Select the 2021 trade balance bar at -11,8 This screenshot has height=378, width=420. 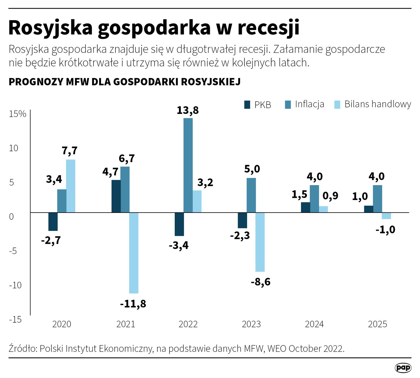pyautogui.click(x=134, y=253)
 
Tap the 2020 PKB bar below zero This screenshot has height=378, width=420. pyautogui.click(x=53, y=222)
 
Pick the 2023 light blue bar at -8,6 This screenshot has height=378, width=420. pyautogui.click(x=260, y=242)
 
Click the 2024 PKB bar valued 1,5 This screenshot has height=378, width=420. pyautogui.click(x=305, y=207)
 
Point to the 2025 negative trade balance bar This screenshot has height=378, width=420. pyautogui.click(x=386, y=216)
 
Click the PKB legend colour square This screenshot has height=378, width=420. pyautogui.click(x=247, y=105)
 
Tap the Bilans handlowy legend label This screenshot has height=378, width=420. pyautogui.click(x=378, y=104)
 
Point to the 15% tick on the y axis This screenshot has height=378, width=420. pyautogui.click(x=18, y=114)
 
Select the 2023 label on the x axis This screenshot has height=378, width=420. pyautogui.click(x=251, y=324)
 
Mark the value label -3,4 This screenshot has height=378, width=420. pyautogui.click(x=179, y=246)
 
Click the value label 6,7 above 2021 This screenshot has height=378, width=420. pyautogui.click(x=127, y=159)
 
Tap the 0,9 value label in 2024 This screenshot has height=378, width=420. pyautogui.click(x=330, y=196)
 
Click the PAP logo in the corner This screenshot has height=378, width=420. pyautogui.click(x=403, y=368)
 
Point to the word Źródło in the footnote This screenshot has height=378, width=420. pyautogui.click(x=23, y=349)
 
